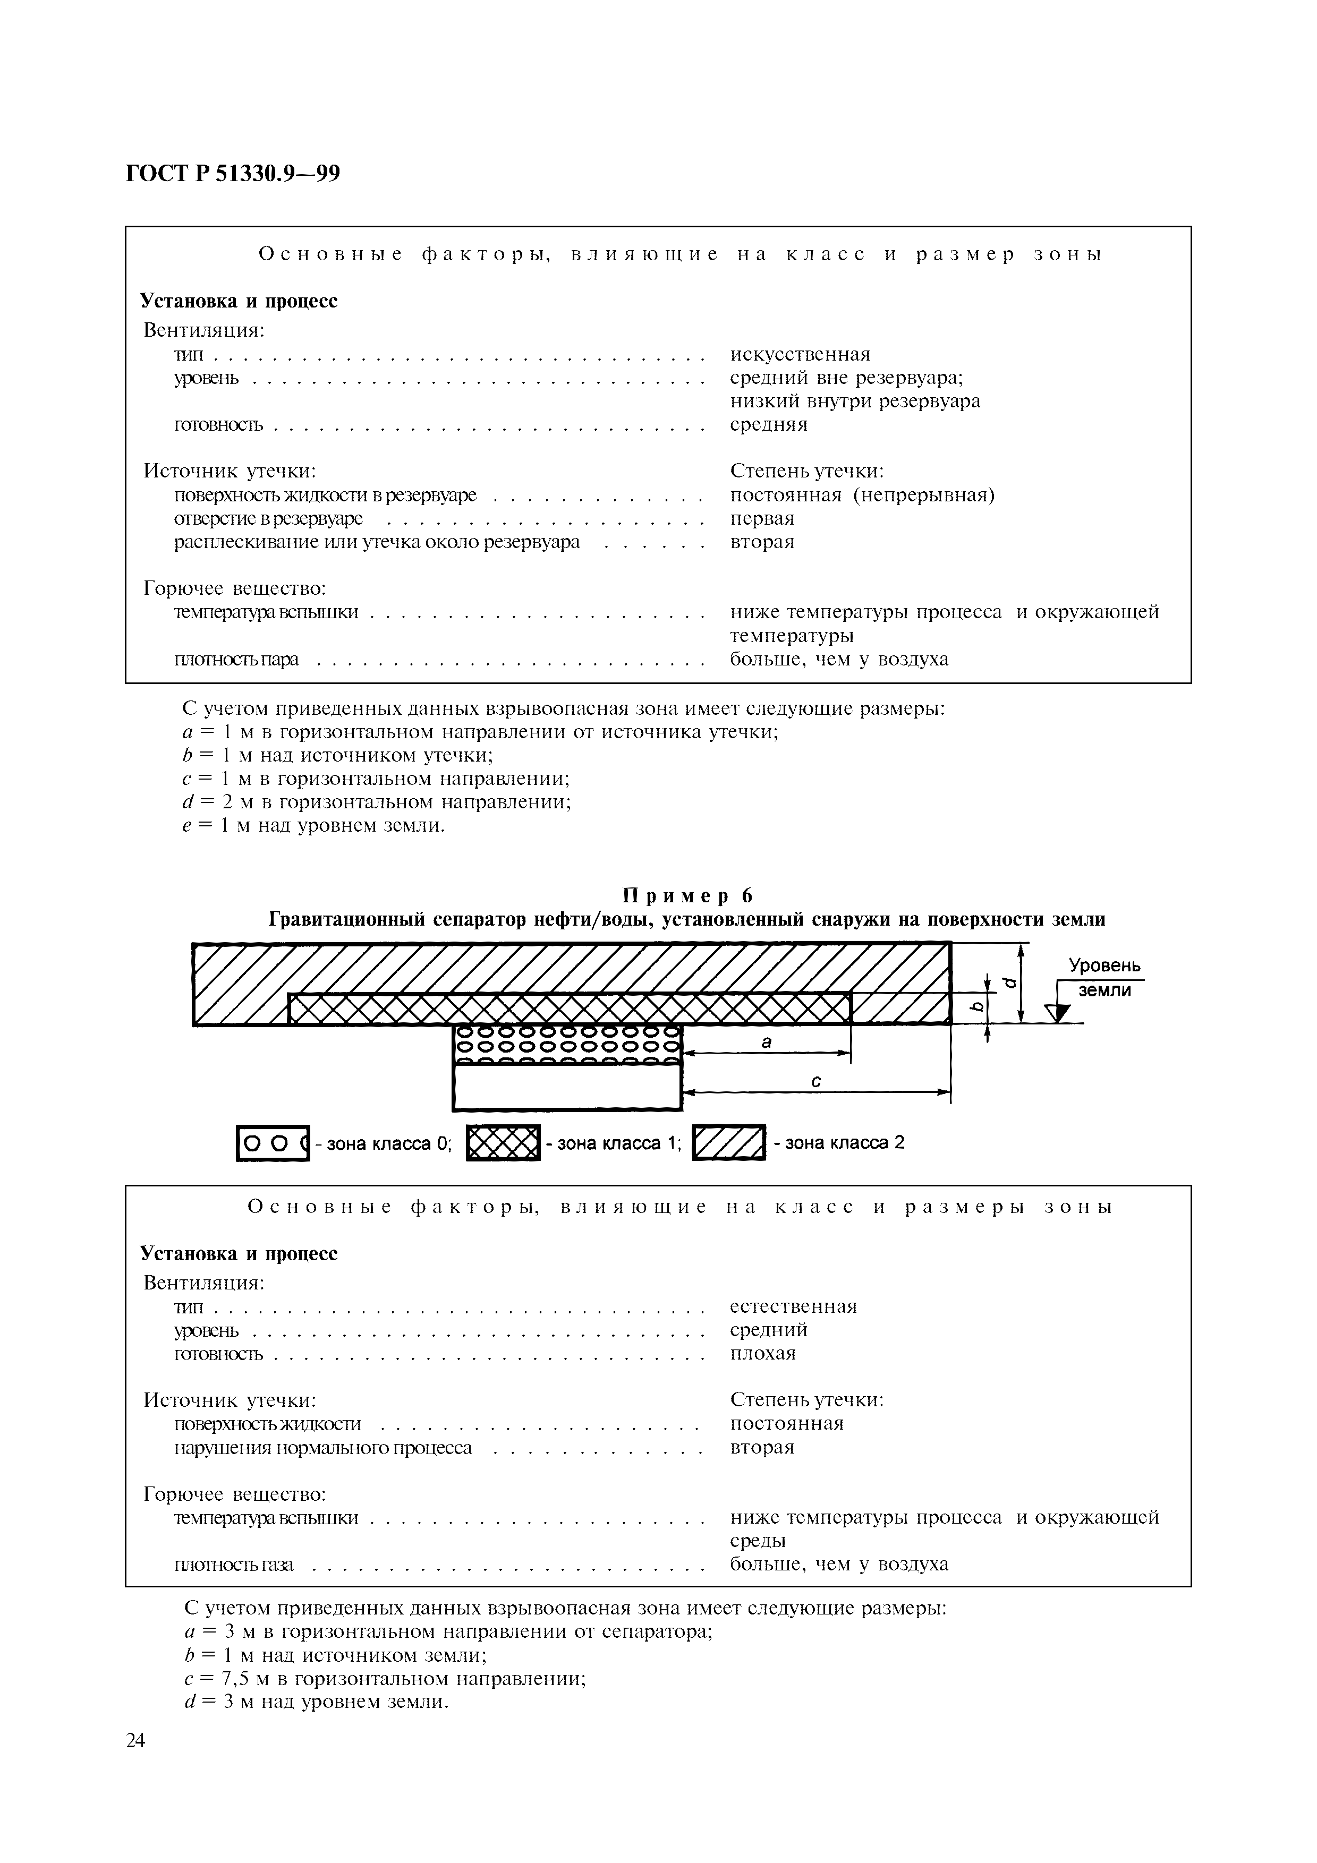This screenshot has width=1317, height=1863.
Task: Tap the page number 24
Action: coord(135,1740)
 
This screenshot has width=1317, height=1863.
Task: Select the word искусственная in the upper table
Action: coord(800,355)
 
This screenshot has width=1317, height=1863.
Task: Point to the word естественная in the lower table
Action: coord(793,1306)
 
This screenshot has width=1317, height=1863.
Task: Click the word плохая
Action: coord(763,1353)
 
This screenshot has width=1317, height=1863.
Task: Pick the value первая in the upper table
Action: coord(762,518)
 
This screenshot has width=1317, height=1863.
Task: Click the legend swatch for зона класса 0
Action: coord(273,1143)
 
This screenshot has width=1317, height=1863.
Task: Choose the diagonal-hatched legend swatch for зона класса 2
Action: coord(729,1143)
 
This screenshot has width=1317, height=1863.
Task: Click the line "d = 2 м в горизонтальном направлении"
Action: coord(377,802)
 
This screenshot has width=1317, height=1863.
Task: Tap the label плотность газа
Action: coord(234,1565)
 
